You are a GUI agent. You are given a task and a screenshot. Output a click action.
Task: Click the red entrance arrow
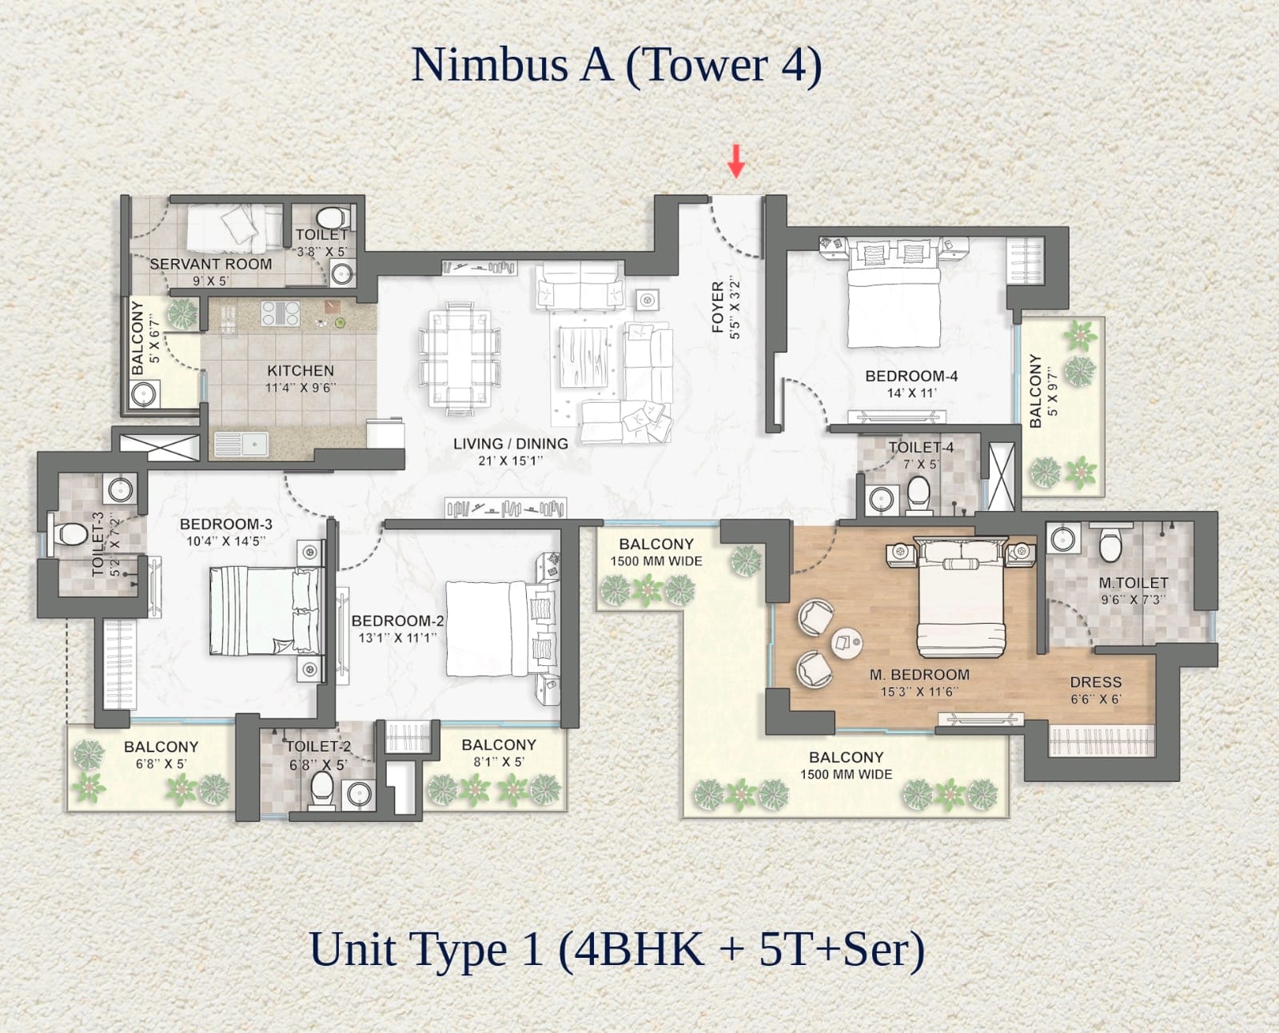click(x=736, y=161)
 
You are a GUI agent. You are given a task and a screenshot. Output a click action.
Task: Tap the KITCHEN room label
click(x=301, y=370)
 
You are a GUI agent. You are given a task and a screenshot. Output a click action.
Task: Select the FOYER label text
click(x=718, y=307)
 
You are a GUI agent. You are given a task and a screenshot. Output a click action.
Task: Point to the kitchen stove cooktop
click(x=281, y=313)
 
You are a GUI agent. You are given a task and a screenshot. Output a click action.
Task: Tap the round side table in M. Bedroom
click(x=847, y=643)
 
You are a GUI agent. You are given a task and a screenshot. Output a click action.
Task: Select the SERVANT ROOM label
click(x=211, y=265)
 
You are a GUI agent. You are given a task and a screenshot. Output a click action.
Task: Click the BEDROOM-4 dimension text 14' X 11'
click(x=911, y=393)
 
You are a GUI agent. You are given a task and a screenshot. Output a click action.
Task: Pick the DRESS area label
click(x=1096, y=682)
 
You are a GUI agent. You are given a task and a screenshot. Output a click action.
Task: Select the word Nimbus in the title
click(x=489, y=64)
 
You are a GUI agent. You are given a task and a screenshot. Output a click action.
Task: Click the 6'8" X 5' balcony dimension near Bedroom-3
click(x=161, y=764)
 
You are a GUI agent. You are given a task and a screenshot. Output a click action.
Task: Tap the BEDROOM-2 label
click(x=397, y=620)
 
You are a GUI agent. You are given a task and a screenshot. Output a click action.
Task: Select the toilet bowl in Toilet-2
click(x=322, y=788)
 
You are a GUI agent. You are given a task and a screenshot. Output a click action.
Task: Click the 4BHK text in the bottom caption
click(x=639, y=950)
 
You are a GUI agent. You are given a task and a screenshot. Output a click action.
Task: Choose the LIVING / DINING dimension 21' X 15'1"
click(x=510, y=461)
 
